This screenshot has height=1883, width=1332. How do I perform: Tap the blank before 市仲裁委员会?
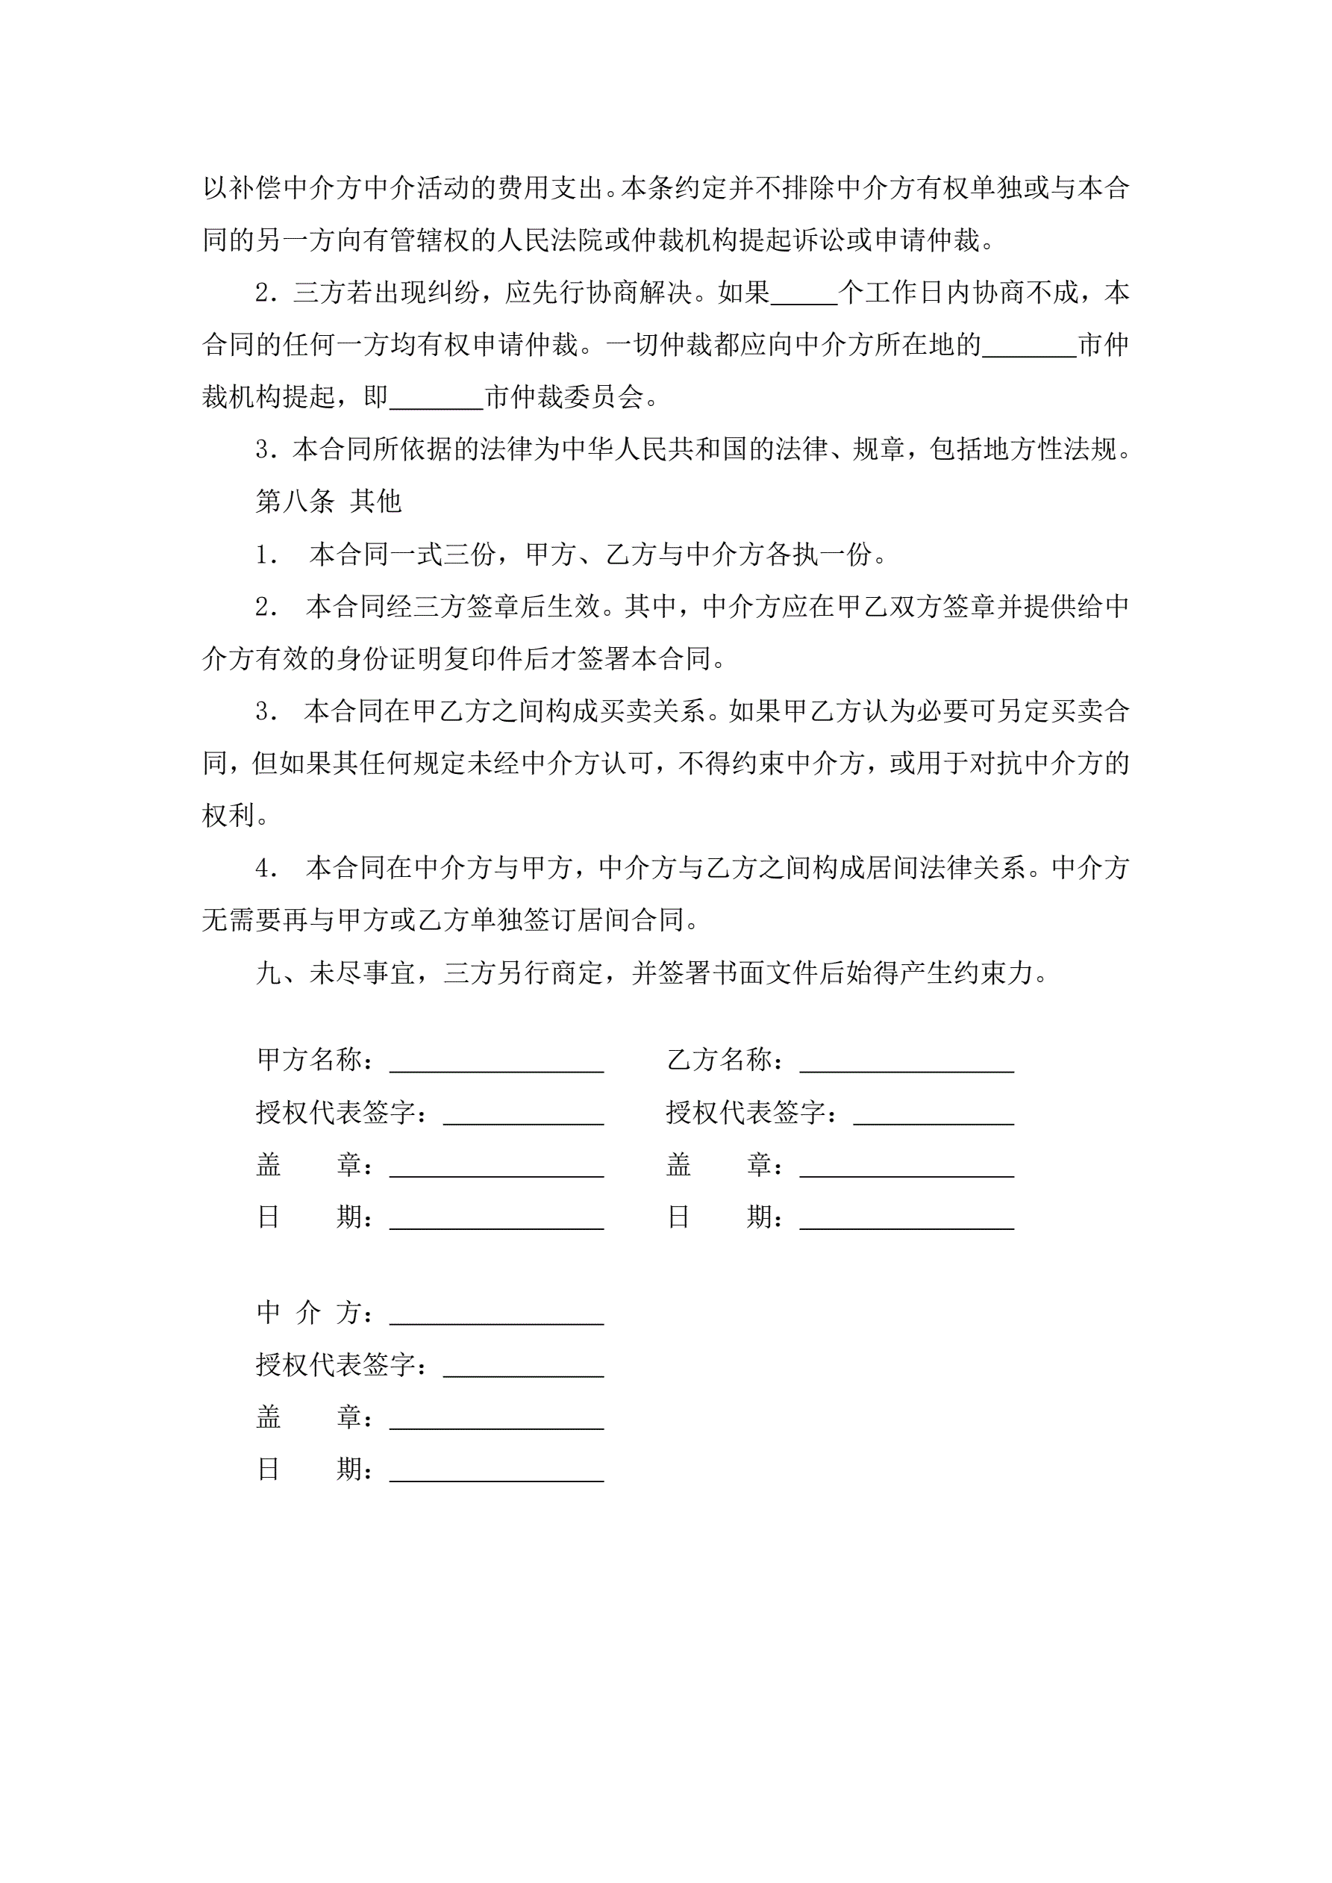point(437,399)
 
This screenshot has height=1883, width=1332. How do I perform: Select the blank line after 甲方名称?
point(496,1062)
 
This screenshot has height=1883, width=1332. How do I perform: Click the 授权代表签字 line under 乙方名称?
point(934,1114)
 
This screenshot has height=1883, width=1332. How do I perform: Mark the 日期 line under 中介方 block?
point(496,1471)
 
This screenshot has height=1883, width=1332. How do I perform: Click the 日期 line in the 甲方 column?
point(496,1220)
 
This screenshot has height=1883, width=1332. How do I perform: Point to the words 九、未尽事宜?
point(336,972)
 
